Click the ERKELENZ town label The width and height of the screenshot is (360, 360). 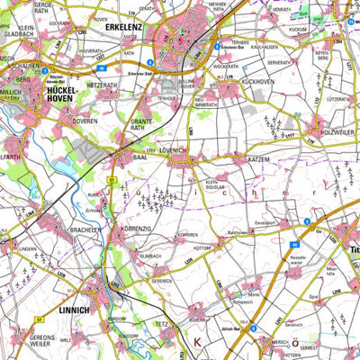pos(129,27)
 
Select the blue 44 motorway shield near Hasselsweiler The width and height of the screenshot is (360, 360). pos(293,243)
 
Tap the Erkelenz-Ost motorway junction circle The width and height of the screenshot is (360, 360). pos(216,49)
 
